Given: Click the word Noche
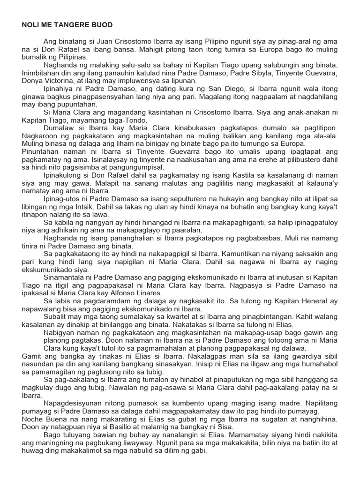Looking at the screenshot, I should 32,417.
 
